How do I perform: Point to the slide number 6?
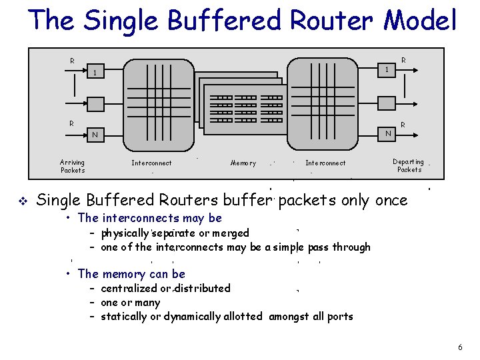pos(460,347)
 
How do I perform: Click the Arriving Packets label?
pos(73,166)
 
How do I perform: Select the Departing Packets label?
pos(409,165)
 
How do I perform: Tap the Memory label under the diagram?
pos(243,163)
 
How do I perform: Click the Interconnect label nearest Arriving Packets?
pos(151,163)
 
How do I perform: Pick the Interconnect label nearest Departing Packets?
pos(325,163)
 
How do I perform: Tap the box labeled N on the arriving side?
pos(96,135)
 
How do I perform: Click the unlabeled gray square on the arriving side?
pos(96,104)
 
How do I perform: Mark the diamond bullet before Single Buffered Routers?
pos(24,199)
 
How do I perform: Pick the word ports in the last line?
pos(339,316)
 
